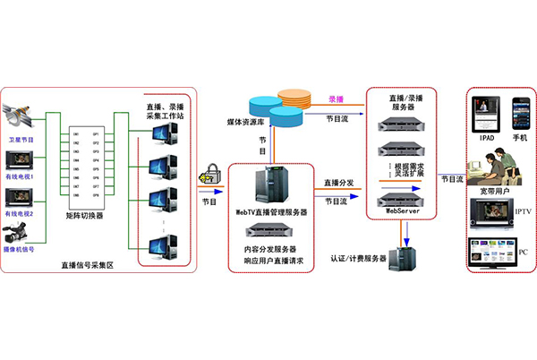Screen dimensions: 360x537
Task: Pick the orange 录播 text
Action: (337, 99)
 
